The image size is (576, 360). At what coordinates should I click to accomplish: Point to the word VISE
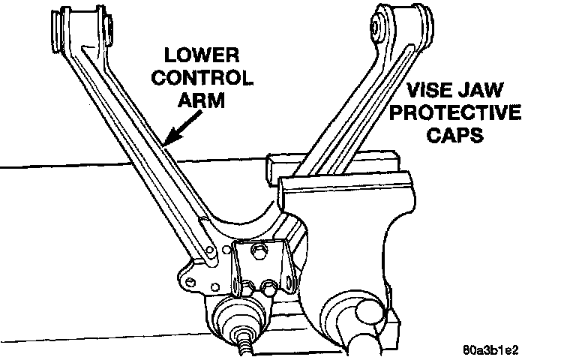[x=436, y=94]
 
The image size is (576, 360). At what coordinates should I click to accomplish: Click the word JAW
[x=496, y=94]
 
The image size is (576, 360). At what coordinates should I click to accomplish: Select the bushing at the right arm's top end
[x=400, y=22]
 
